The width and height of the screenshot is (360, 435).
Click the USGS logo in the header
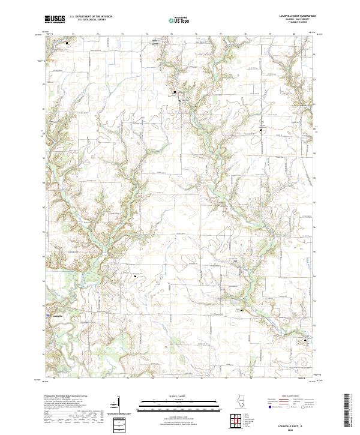tap(55, 19)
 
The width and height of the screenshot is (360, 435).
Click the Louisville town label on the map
tap(58, 315)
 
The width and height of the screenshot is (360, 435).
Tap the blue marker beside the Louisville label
tap(48, 314)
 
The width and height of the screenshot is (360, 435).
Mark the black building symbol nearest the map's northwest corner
tap(67, 43)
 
